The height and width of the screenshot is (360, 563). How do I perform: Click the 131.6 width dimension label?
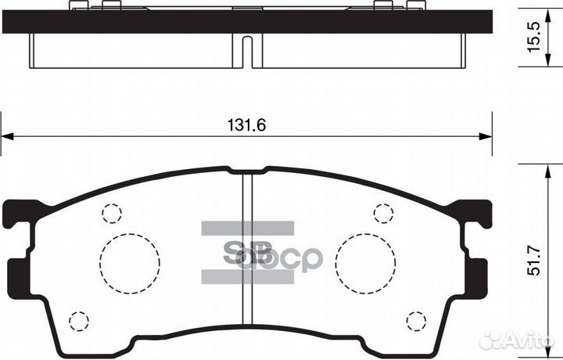click(242, 124)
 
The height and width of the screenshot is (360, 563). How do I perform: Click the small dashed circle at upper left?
click(113, 214)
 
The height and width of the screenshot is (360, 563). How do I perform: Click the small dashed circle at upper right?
click(383, 213)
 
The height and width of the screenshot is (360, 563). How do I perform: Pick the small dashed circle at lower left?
click(77, 321)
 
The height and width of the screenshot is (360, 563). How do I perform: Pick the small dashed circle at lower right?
click(418, 321)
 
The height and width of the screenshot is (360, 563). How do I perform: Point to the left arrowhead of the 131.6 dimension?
click(6, 138)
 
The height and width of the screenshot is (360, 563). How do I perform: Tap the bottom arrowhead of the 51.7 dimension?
click(545, 344)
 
